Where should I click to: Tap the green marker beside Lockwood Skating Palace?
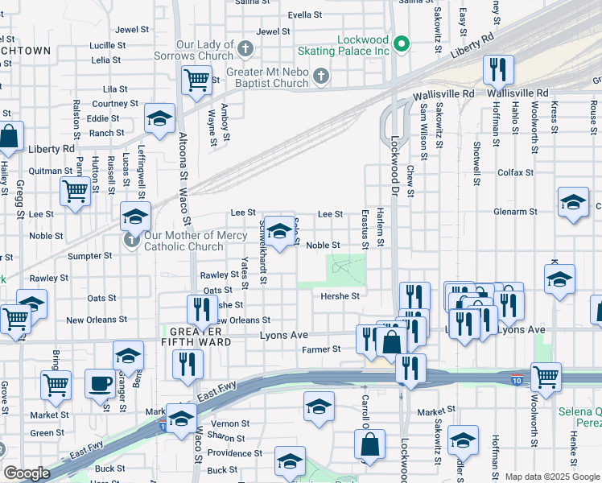point(405,43)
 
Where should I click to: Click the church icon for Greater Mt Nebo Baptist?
point(320,76)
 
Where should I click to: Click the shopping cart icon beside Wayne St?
point(196,80)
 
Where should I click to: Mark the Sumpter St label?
point(91,255)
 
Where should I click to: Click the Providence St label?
point(231,453)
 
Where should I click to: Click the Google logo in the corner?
point(27,473)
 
